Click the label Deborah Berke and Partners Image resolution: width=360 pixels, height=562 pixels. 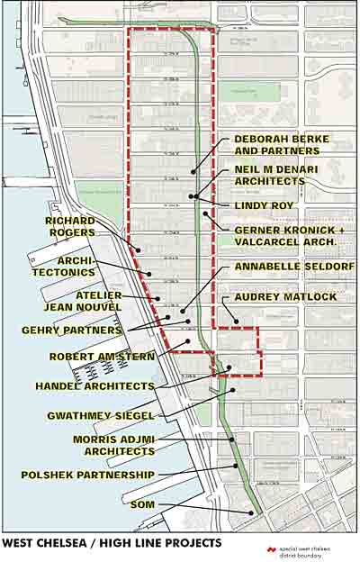[282, 145]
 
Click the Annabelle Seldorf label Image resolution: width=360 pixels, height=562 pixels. [294, 267]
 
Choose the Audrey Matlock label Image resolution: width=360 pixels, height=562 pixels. [284, 297]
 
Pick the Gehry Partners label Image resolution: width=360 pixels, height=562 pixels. [71, 331]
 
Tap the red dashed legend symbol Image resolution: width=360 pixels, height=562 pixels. [270, 548]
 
